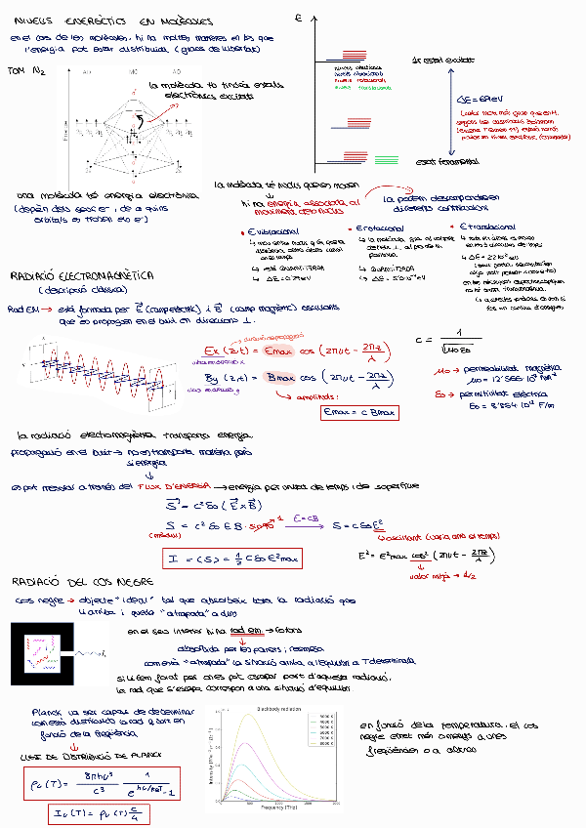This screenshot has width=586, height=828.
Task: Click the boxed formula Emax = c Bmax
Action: pyautogui.click(x=360, y=413)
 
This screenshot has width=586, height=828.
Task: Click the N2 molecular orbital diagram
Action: pyautogui.click(x=122, y=122)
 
